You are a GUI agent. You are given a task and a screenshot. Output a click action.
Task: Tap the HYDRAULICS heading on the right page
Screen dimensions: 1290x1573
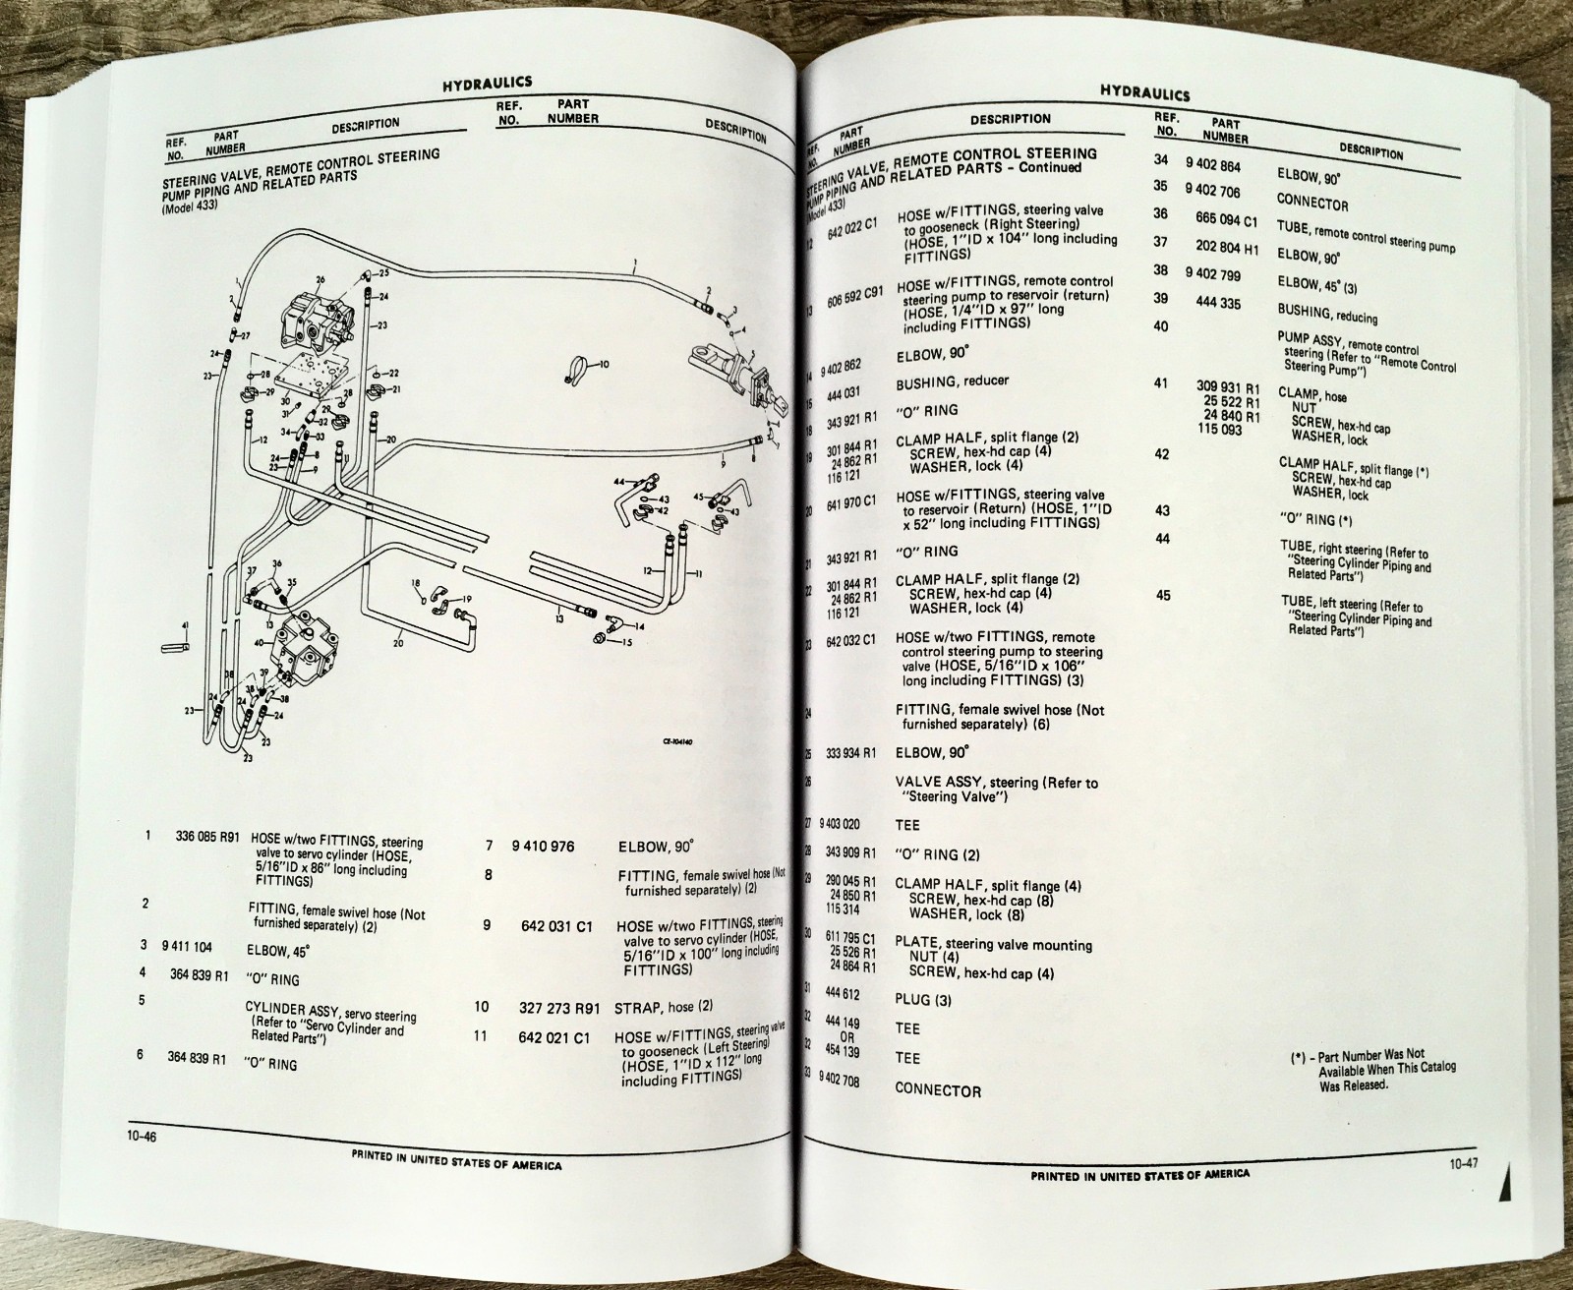click(x=1145, y=94)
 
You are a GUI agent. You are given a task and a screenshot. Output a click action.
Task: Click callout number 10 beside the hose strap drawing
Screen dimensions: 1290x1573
click(x=604, y=364)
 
